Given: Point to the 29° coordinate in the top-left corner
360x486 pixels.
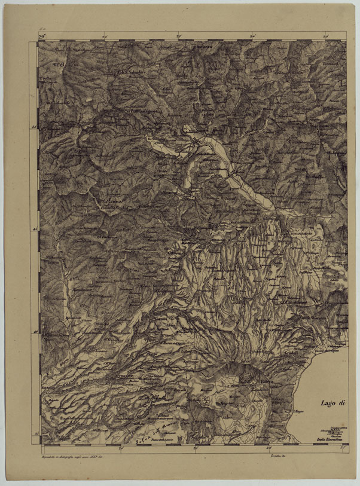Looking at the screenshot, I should point(42,37).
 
